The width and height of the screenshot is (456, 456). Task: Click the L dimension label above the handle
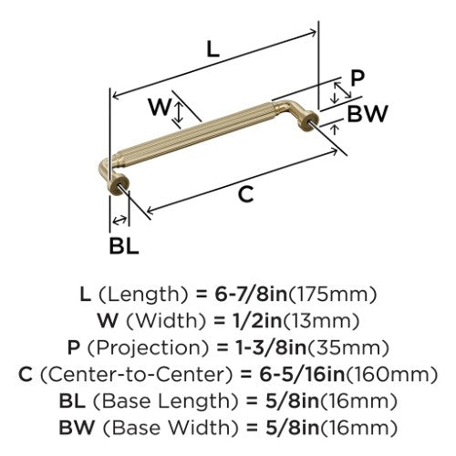212,49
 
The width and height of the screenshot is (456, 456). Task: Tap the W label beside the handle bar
160,107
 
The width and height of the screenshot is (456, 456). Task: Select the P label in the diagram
358,78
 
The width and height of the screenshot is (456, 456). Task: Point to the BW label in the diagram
368,114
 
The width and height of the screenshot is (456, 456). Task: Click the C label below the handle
245,194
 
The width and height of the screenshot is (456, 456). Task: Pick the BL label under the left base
124,245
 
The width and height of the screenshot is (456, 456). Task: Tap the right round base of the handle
308,120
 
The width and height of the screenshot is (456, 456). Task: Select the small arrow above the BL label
119,220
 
